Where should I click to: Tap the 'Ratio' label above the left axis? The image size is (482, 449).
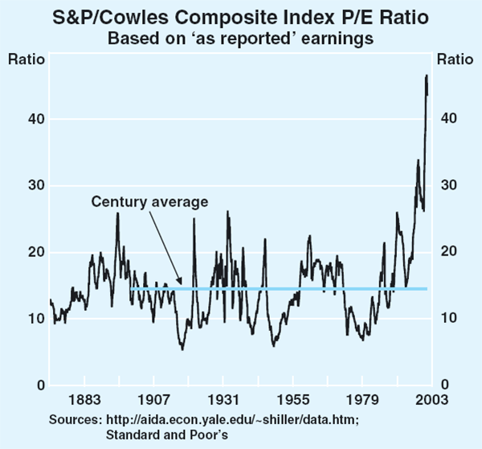pyautogui.click(x=23, y=58)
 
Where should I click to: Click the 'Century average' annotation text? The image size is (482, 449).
pyautogui.click(x=149, y=202)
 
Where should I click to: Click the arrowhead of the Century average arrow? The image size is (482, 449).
pyautogui.click(x=182, y=284)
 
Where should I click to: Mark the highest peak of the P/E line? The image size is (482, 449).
pyautogui.click(x=427, y=76)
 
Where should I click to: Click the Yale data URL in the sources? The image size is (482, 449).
pyautogui.click(x=232, y=419)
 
